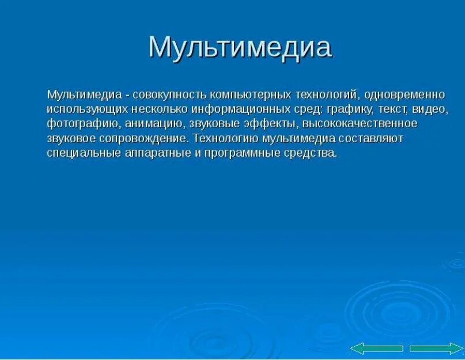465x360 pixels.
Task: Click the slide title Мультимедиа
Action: (240, 48)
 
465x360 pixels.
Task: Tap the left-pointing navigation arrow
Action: (376, 348)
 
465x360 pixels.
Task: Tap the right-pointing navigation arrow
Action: (436, 348)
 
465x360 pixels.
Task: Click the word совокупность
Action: (171, 94)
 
